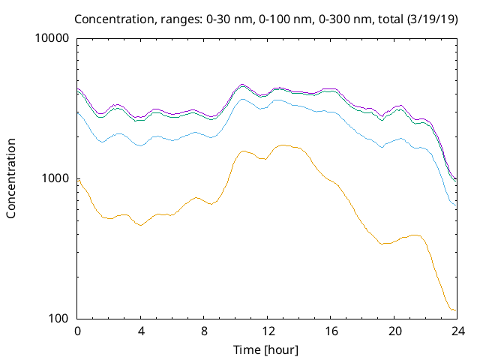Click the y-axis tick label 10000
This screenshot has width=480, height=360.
tap(54, 39)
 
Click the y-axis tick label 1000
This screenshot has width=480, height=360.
tap(57, 178)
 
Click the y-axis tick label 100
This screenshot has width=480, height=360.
tap(60, 318)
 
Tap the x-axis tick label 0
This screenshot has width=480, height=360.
tap(77, 331)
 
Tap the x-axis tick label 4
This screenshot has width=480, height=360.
tap(140, 331)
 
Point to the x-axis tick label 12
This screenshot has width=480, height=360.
tap(266, 331)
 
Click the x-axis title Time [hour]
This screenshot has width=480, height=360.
tap(266, 349)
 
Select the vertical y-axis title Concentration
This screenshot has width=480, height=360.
tap(11, 178)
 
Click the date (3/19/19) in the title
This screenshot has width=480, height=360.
tap(430, 18)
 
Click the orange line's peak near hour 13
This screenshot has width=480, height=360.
tap(283, 145)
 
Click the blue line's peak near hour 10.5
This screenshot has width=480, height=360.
tap(243, 99)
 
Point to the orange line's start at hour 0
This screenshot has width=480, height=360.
tap(78, 178)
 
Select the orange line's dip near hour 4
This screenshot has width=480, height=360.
tap(140, 225)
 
